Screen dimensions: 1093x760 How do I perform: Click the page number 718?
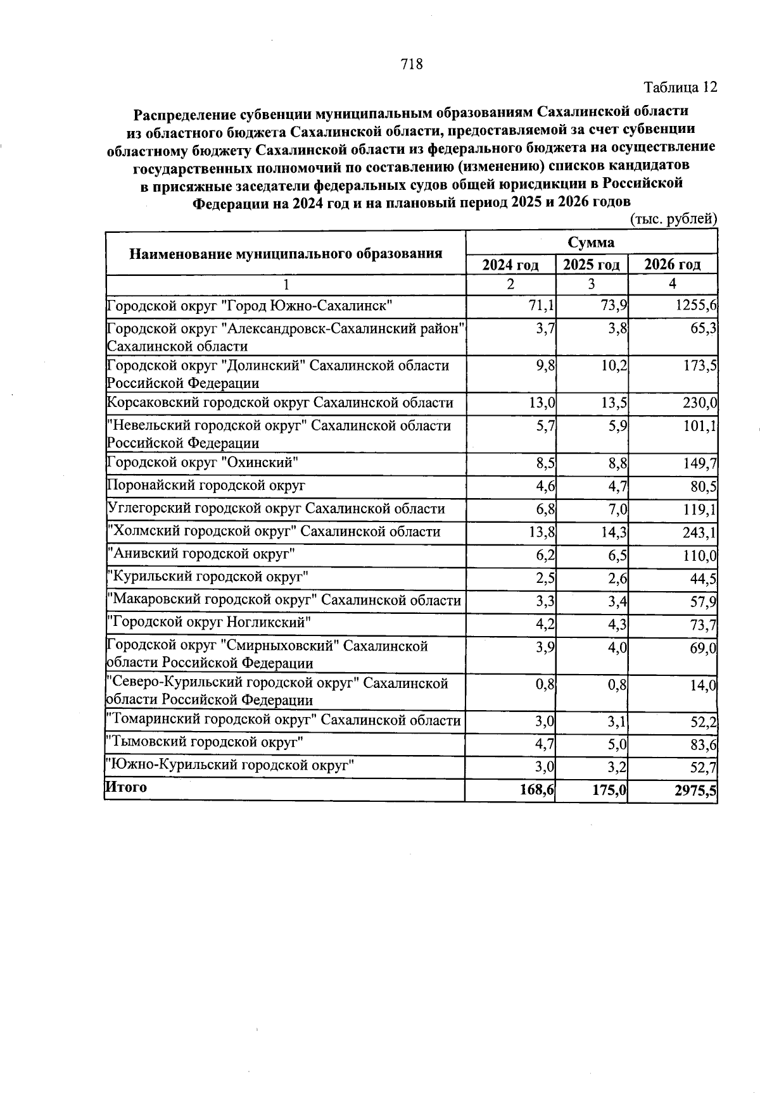[412, 64]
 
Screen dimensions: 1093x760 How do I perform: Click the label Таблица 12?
[680, 87]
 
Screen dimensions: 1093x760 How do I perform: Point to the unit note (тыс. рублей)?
[674, 219]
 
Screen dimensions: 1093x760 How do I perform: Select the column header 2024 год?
[510, 265]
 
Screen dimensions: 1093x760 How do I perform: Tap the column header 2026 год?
[672, 265]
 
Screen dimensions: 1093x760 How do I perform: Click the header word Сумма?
[590, 242]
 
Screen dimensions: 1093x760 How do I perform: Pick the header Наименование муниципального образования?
[286, 254]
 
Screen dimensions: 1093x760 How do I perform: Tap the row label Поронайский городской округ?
[206, 485]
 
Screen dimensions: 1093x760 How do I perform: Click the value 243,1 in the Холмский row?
[699, 533]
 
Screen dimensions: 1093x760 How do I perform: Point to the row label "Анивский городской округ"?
[202, 554]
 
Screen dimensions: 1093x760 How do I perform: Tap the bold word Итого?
[126, 787]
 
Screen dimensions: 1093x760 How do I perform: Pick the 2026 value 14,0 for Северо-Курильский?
[703, 686]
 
